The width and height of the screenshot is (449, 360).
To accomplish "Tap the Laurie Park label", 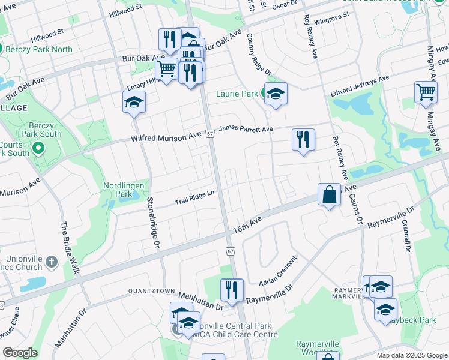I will click(x=237, y=94).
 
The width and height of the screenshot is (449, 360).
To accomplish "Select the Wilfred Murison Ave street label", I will click(x=166, y=139).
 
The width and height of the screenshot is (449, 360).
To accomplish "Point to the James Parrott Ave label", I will click(x=246, y=128).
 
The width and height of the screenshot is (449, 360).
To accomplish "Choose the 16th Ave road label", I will click(x=247, y=224).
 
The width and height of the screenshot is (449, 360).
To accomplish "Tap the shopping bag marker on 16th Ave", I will click(x=329, y=194).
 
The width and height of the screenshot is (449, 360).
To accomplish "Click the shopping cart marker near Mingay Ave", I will click(x=426, y=92).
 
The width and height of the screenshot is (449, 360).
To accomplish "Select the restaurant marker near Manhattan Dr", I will click(x=231, y=290).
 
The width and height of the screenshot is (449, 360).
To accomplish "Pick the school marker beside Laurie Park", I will click(x=276, y=94).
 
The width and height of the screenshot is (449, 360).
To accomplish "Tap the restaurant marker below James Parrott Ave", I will click(x=303, y=139).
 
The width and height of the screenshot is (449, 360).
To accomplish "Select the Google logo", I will click(x=20, y=353).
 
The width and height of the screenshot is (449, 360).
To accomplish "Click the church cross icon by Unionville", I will click(x=51, y=262).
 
